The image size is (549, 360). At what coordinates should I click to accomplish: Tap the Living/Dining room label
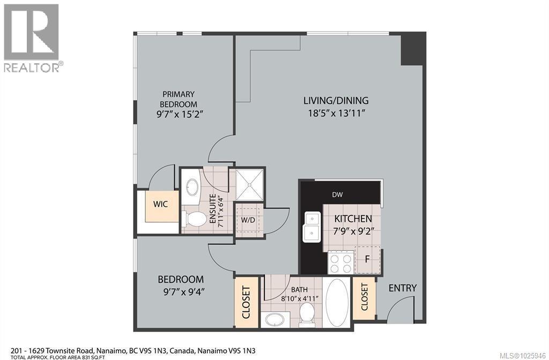click(x=336, y=100)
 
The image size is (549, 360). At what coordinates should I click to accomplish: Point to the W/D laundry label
click(x=248, y=220)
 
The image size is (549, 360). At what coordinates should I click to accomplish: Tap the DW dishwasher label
click(x=337, y=195)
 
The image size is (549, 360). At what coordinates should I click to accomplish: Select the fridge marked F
click(x=368, y=259)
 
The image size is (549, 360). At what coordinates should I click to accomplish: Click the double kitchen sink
click(x=312, y=227)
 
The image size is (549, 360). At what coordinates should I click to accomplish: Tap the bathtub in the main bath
click(x=337, y=301)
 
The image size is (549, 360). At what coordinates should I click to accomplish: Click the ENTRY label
click(x=402, y=288)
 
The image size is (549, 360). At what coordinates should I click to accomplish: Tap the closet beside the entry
click(x=365, y=298)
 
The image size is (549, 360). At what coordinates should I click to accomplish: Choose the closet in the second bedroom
click(x=247, y=302)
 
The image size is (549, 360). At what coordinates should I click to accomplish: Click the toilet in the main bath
click(x=307, y=313)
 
